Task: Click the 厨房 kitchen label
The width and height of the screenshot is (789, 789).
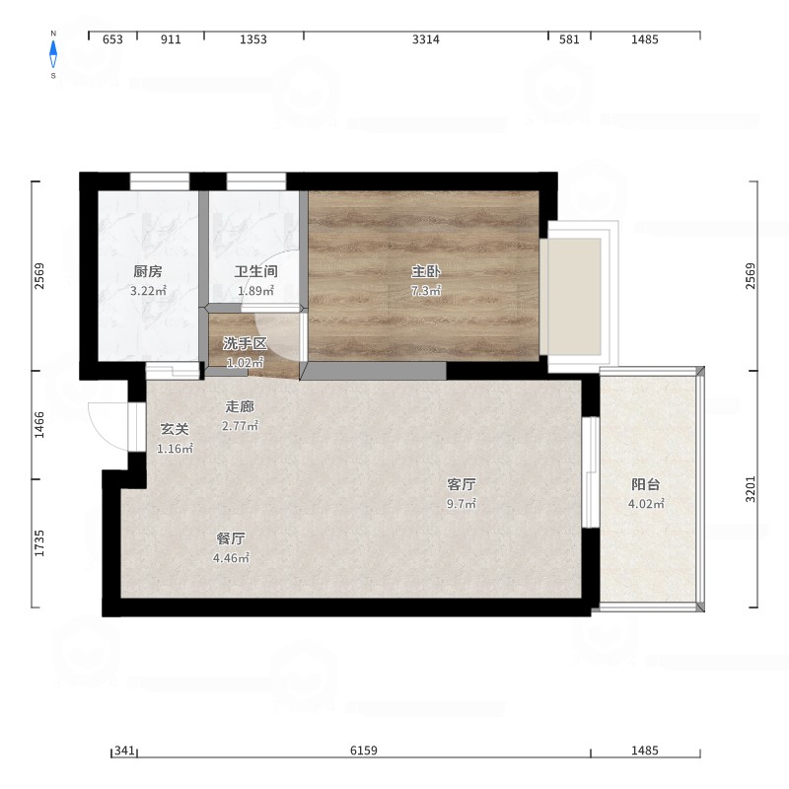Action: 148,272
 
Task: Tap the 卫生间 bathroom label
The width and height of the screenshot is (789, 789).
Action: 256,272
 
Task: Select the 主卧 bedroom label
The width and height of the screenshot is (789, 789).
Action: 426,272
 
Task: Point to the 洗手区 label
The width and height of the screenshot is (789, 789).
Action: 245,343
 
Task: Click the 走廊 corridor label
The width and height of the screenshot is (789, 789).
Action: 240,406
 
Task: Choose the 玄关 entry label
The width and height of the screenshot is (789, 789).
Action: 175,429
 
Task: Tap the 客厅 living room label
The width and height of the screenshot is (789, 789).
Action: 462,484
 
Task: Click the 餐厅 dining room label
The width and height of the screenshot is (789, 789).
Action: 231,538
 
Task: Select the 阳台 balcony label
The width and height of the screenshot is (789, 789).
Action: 646,484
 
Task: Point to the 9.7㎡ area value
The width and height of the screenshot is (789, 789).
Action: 462,504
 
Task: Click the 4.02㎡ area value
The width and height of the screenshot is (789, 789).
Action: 646,504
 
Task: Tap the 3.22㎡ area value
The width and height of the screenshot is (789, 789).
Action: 148,291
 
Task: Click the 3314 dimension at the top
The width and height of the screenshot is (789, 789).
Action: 426,39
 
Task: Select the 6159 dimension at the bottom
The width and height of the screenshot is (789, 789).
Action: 364,751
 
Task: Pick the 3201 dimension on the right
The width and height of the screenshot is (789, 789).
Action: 751,489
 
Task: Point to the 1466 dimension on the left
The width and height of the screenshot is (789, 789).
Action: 39,425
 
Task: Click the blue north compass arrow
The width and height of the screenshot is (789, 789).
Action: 53,54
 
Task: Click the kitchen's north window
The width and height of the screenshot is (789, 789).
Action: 160,181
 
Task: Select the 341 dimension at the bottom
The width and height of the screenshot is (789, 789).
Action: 124,751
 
